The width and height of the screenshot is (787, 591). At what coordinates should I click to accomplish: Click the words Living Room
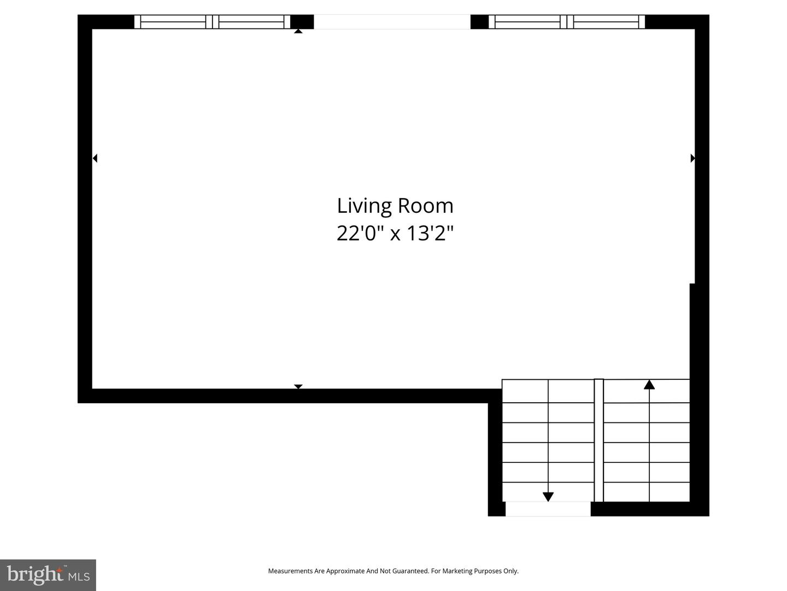(x=395, y=206)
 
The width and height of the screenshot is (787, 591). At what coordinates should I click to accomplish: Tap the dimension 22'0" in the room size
(x=361, y=233)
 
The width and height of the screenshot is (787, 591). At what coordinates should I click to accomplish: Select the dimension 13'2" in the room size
(x=430, y=233)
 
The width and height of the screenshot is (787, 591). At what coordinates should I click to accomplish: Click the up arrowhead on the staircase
(x=649, y=385)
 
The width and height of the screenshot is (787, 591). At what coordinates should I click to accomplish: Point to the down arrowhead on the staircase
(x=548, y=497)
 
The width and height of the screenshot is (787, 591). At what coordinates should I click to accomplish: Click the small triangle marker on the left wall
(x=95, y=158)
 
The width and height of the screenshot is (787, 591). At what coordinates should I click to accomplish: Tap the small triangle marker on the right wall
(x=692, y=158)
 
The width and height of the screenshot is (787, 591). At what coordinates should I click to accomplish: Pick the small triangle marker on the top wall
(x=298, y=31)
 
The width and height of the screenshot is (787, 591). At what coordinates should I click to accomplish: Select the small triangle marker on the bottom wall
(x=298, y=386)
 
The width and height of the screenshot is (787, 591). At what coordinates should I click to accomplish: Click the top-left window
(x=212, y=21)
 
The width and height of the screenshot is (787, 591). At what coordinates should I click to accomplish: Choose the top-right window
(x=567, y=21)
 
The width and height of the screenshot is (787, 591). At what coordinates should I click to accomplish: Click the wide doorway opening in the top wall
(x=392, y=21)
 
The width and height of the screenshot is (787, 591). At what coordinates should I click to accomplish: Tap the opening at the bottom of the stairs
(x=548, y=509)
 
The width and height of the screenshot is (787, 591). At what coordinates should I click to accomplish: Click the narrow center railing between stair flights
(x=598, y=441)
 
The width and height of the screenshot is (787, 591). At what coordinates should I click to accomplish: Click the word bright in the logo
(x=35, y=575)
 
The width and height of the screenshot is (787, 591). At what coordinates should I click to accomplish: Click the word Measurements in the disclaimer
(x=290, y=571)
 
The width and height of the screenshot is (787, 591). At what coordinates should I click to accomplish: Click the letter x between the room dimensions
(x=396, y=235)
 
